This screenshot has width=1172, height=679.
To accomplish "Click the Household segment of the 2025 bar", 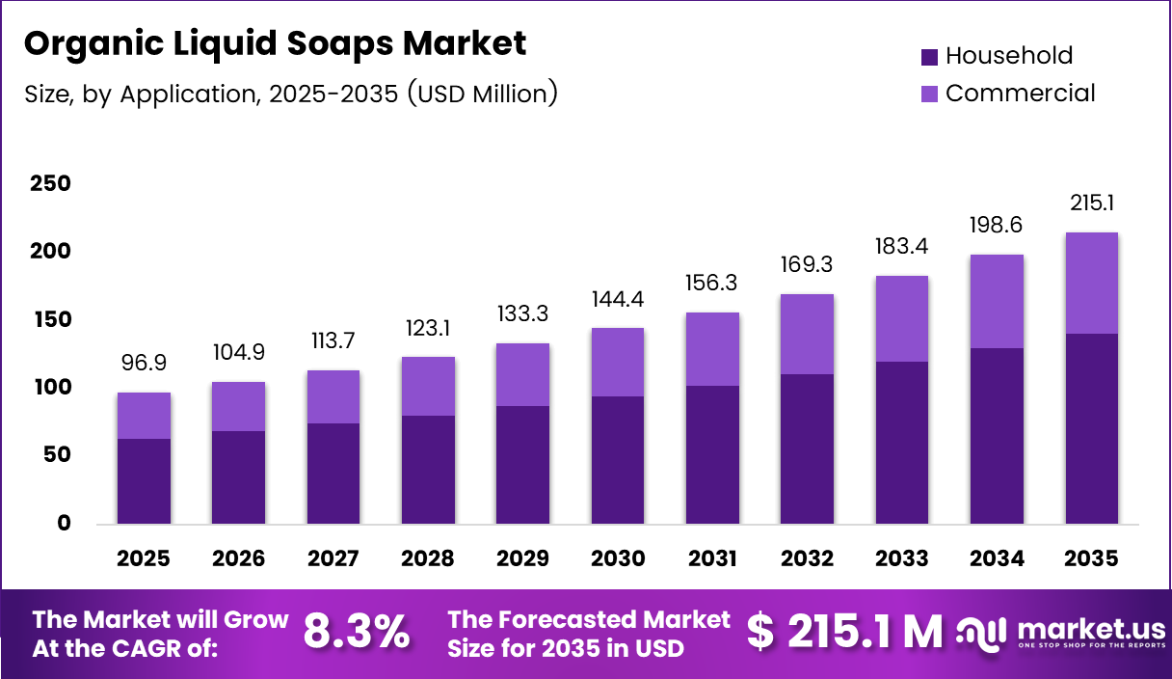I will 144,481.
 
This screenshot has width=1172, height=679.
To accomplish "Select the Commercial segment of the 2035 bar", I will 1092,283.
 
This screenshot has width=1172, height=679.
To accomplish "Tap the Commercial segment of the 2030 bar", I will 618,362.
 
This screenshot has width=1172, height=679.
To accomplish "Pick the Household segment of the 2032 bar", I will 808,448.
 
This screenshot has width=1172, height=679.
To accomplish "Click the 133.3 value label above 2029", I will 523,314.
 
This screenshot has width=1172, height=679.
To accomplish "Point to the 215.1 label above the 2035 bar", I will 1092,204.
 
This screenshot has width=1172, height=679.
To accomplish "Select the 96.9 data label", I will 144,364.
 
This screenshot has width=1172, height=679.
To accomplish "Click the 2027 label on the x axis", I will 333,558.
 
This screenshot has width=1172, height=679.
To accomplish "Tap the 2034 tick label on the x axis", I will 997,558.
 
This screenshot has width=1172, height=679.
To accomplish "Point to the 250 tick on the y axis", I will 50,183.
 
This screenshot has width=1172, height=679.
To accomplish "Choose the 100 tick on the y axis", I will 50,388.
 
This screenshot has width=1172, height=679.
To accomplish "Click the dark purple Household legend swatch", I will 929,57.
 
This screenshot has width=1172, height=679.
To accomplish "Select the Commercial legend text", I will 1020,94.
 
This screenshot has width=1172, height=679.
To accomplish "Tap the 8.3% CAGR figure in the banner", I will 356,632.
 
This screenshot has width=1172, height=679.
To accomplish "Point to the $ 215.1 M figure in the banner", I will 844,632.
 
